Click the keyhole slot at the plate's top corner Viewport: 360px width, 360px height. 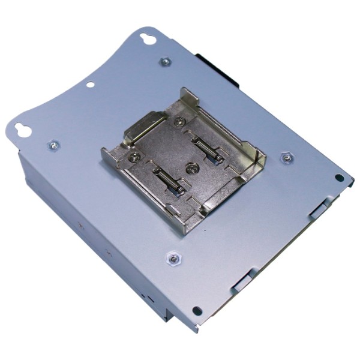146,39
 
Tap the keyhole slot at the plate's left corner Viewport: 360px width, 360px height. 23,130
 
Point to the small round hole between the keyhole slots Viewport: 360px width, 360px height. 89,85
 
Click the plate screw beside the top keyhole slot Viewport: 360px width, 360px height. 165,61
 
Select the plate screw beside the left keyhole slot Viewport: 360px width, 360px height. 53,145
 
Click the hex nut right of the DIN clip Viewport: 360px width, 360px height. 287,158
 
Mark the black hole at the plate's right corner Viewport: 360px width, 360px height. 340,178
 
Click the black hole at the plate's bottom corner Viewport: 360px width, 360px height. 196,311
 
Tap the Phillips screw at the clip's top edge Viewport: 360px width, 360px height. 178,122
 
